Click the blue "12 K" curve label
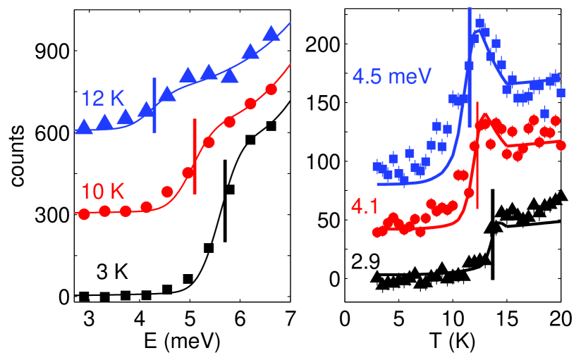tap(103, 97)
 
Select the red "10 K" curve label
tap(104, 190)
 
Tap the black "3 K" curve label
tap(116, 268)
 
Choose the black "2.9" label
tap(367, 261)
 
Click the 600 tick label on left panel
tap(54, 132)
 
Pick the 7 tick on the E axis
tap(290, 318)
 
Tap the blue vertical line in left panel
tap(154, 104)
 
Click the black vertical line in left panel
tap(225, 201)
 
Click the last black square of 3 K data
tap(271, 126)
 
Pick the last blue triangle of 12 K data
tap(271, 34)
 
